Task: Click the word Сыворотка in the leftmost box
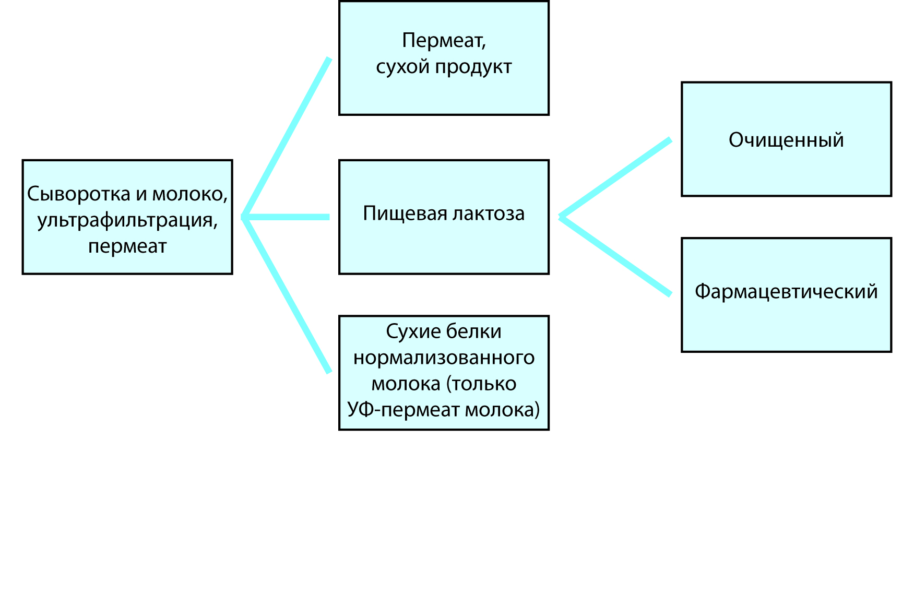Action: tap(78, 194)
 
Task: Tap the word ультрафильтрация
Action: tap(127, 220)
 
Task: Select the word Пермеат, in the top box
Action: tap(444, 41)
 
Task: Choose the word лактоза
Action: tap(489, 214)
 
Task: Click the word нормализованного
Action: tap(444, 358)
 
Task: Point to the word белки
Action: tap(479, 331)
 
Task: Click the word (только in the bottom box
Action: tap(481, 384)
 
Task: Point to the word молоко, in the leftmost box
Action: tap(190, 194)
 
